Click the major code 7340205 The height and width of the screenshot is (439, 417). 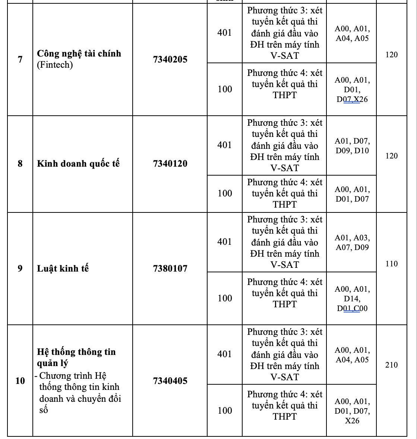170,60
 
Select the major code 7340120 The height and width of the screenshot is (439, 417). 170,164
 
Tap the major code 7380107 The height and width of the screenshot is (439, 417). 170,269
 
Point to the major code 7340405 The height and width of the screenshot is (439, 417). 170,381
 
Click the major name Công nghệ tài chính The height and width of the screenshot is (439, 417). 79,54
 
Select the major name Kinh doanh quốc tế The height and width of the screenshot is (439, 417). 78,164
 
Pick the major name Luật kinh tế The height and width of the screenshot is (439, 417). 63,269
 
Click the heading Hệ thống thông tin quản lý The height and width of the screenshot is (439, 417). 76,357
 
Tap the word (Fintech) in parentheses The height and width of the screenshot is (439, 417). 55,65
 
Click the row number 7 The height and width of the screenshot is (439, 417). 20,60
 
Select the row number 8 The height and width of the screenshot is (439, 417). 20,164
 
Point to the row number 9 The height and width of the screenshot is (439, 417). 20,269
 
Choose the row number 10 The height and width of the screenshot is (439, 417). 20,381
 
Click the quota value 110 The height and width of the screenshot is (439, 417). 391,264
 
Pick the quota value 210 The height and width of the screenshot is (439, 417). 391,365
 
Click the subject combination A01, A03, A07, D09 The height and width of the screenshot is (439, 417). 352,243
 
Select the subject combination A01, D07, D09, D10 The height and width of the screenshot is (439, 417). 352,146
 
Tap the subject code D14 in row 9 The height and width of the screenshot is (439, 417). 352,299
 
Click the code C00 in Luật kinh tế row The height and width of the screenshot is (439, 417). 360,308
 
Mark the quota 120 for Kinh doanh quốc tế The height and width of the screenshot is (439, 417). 391,156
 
